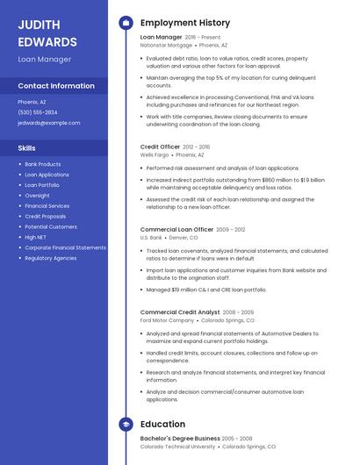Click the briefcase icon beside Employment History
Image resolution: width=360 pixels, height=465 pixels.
[126, 23]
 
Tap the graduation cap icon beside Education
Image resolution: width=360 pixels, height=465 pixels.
[126, 424]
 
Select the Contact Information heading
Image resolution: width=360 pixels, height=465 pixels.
[56, 86]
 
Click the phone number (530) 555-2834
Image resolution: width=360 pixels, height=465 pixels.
[38, 112]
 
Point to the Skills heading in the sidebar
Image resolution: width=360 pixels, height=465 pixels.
[26, 148]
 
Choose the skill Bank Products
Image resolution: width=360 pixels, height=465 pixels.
[43, 164]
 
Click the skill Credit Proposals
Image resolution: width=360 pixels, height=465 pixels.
[46, 216]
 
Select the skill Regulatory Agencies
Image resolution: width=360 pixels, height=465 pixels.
[51, 258]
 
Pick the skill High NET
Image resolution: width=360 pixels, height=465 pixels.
[36, 237]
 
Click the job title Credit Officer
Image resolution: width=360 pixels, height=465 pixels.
[160, 147]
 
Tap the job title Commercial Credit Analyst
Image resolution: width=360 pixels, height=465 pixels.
[180, 311]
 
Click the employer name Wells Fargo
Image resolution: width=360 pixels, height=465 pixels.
[155, 154]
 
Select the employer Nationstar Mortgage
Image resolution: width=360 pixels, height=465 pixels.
[167, 44]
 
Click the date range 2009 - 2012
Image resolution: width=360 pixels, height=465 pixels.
[231, 229]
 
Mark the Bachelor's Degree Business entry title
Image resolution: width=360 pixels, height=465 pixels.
[179, 438]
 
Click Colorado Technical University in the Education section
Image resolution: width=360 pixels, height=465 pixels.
[178, 447]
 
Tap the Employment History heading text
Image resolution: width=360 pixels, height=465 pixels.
[185, 23]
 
